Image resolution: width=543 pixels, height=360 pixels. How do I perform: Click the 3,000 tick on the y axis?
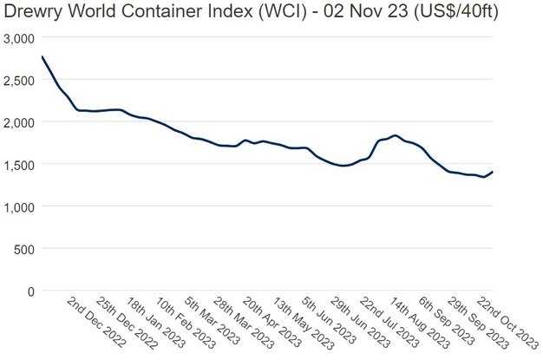(17, 39)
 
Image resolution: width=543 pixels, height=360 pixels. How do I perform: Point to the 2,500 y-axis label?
(17, 81)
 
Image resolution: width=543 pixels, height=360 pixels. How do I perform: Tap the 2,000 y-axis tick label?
(17, 123)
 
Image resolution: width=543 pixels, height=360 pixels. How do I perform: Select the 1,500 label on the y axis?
(17, 165)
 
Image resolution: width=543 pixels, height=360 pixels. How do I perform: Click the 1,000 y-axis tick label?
(17, 207)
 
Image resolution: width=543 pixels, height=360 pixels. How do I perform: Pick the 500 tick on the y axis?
(23, 249)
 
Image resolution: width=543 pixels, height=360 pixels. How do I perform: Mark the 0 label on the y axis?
(29, 291)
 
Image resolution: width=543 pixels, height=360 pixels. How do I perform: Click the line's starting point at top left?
(42, 56)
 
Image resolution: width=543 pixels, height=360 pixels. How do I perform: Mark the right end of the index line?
(493, 172)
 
